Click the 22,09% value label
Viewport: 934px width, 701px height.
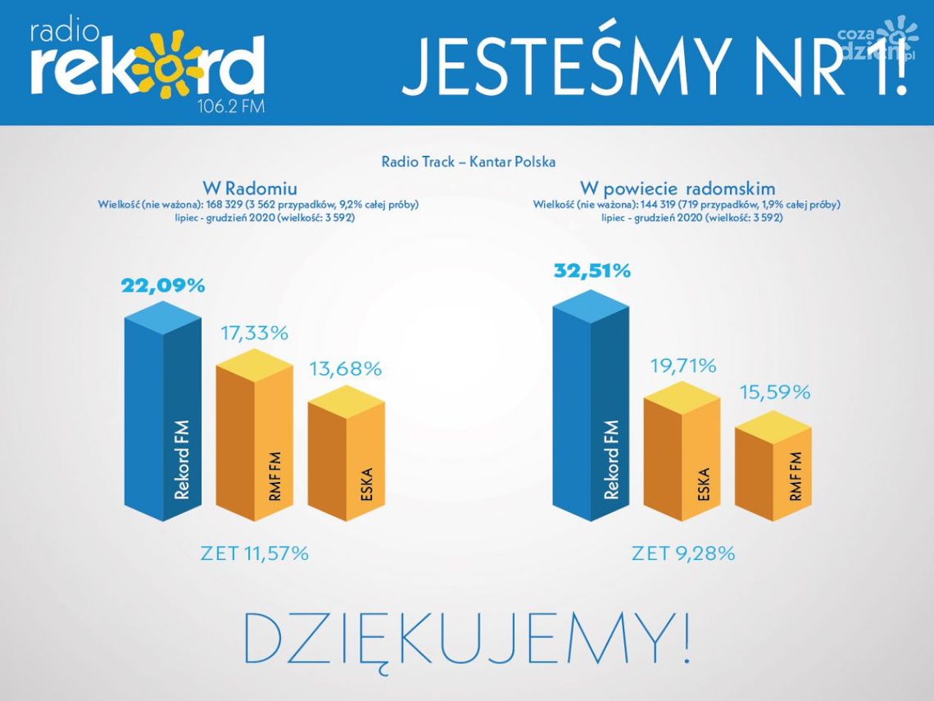[x=163, y=286]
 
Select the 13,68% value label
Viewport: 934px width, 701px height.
[x=346, y=369]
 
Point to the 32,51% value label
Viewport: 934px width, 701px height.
[x=592, y=271]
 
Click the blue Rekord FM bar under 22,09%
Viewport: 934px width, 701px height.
[x=163, y=418]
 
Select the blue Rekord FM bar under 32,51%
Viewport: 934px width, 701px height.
[x=592, y=410]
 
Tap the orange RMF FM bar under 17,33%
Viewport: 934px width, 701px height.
[x=254, y=443]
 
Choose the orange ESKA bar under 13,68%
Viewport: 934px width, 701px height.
[x=346, y=459]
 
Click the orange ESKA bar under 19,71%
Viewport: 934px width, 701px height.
[x=682, y=459]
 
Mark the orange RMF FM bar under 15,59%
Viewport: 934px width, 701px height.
[x=773, y=471]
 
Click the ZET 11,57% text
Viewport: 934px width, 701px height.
[x=255, y=553]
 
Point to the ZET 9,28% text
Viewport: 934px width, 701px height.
[x=683, y=553]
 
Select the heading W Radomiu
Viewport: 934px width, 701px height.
[x=256, y=188]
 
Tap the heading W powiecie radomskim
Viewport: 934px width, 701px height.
[x=678, y=188]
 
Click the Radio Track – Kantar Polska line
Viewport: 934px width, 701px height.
[x=469, y=162]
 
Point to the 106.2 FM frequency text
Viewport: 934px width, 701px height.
[x=232, y=107]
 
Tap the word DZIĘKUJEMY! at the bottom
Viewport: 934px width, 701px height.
[x=467, y=637]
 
